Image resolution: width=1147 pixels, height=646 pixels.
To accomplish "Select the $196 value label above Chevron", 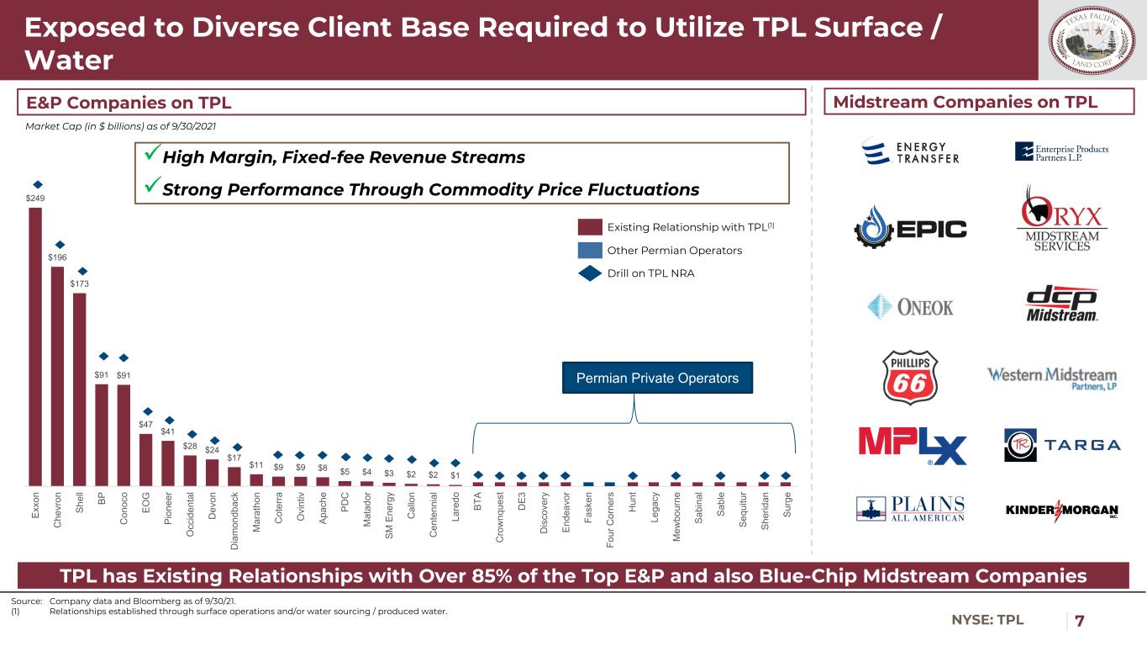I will [x=58, y=257].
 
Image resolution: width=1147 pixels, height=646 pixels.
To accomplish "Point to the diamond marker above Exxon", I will [x=36, y=183].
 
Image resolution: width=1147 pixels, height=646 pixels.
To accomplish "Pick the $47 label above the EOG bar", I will [x=146, y=425].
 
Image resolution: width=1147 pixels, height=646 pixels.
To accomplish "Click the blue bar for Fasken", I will [x=588, y=484].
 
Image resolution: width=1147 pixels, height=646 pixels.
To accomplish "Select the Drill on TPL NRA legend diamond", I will [x=590, y=273].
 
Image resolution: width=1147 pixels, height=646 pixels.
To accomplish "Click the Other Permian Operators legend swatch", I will [x=590, y=250].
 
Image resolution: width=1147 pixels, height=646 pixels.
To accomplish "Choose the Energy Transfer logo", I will [x=911, y=152].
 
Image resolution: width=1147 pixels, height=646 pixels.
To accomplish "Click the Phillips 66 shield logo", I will [x=908, y=377].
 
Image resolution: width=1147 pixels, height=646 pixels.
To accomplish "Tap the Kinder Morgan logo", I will [x=1062, y=511].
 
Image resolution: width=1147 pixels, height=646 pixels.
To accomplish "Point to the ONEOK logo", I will [x=911, y=307].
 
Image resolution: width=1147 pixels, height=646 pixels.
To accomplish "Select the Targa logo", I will [x=1062, y=445].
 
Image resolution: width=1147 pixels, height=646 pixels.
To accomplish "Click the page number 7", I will [x=1080, y=621].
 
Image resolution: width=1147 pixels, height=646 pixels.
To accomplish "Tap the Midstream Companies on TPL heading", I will [x=977, y=103].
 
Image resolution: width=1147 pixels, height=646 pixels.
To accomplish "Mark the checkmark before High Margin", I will [x=151, y=157].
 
